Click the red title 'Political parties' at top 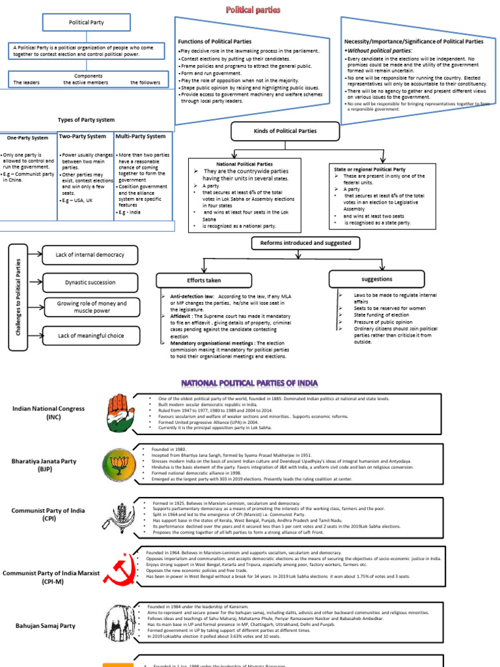(x=253, y=10)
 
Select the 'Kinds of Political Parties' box (x=285, y=132)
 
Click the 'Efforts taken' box (x=204, y=280)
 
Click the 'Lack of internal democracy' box (x=90, y=255)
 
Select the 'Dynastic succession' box (x=90, y=282)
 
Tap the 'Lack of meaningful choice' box (x=90, y=335)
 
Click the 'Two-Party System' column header (x=82, y=136)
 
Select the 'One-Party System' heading (x=27, y=138)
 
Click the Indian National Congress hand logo (x=119, y=413)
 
